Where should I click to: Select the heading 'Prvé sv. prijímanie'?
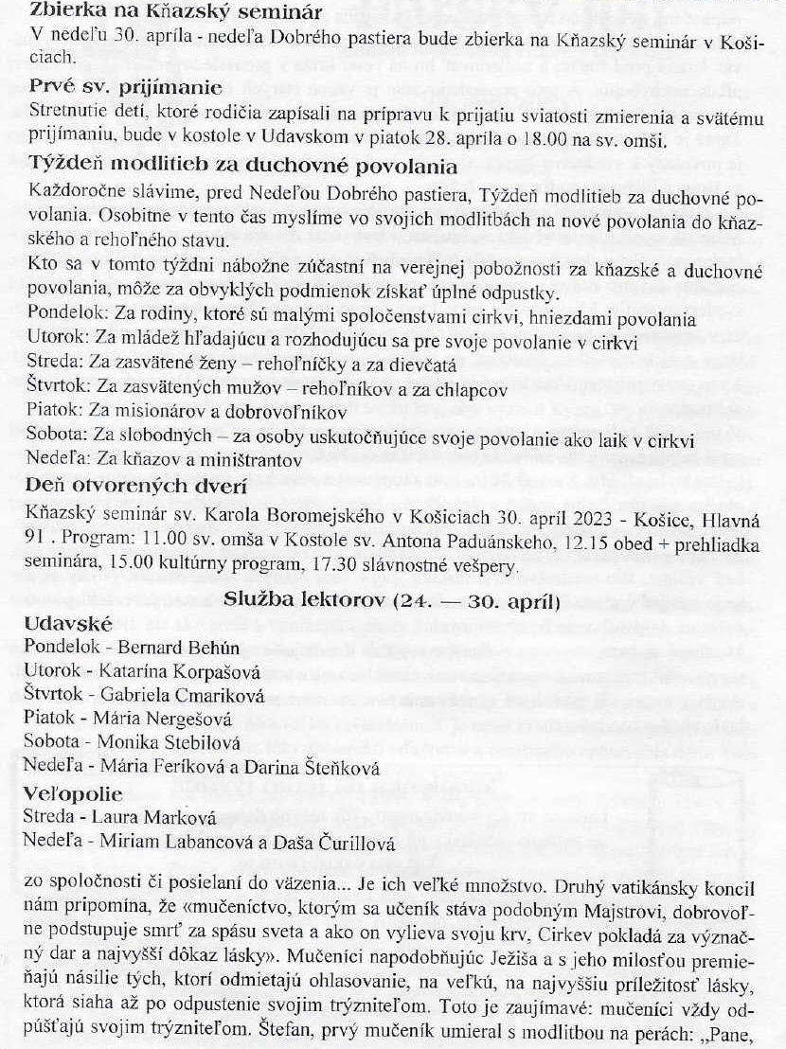point(125,87)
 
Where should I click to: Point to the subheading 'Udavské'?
point(70,625)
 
